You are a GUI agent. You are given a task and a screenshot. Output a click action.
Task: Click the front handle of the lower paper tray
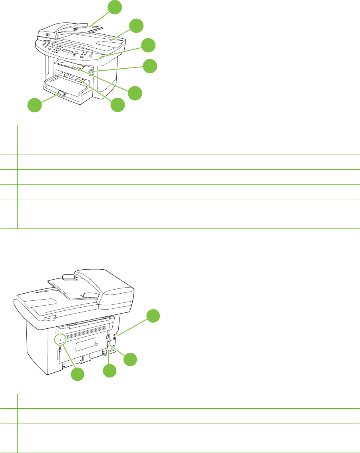coord(60,94)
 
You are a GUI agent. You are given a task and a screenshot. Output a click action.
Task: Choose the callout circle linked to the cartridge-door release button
coord(150,66)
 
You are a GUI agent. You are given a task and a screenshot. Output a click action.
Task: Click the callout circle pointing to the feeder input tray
coord(115,7)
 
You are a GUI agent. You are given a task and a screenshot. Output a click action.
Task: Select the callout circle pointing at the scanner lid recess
coord(136,26)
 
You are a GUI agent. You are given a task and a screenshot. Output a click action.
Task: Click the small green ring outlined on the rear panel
coord(60,340)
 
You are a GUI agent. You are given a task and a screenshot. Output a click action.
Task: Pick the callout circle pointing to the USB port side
coord(152,316)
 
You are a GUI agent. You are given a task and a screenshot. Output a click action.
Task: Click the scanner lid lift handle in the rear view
coord(50,318)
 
